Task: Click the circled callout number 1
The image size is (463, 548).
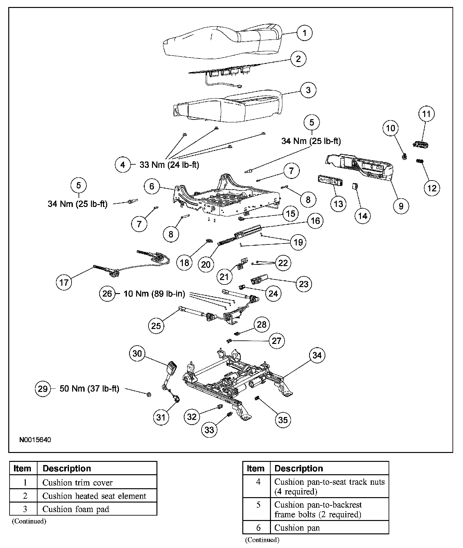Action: coord(304,33)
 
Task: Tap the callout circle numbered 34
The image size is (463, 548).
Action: coord(317,355)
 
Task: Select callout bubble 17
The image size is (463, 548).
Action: coord(64,282)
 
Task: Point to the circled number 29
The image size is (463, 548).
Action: coord(43,388)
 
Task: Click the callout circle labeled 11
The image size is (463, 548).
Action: coord(426,114)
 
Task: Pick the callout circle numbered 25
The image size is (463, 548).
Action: coord(156,325)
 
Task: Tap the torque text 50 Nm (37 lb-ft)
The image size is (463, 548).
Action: coord(89,388)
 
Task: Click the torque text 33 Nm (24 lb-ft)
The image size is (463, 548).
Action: coord(169,165)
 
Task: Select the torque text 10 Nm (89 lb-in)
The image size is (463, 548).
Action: coord(154,293)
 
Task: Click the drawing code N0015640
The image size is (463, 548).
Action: coord(35,440)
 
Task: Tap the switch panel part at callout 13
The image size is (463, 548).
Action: coord(329,180)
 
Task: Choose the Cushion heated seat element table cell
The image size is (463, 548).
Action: coord(94,496)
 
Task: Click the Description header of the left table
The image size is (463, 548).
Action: coord(67,468)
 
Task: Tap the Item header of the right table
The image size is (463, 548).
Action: coord(256,468)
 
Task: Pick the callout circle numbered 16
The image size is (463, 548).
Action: coord(315,221)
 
